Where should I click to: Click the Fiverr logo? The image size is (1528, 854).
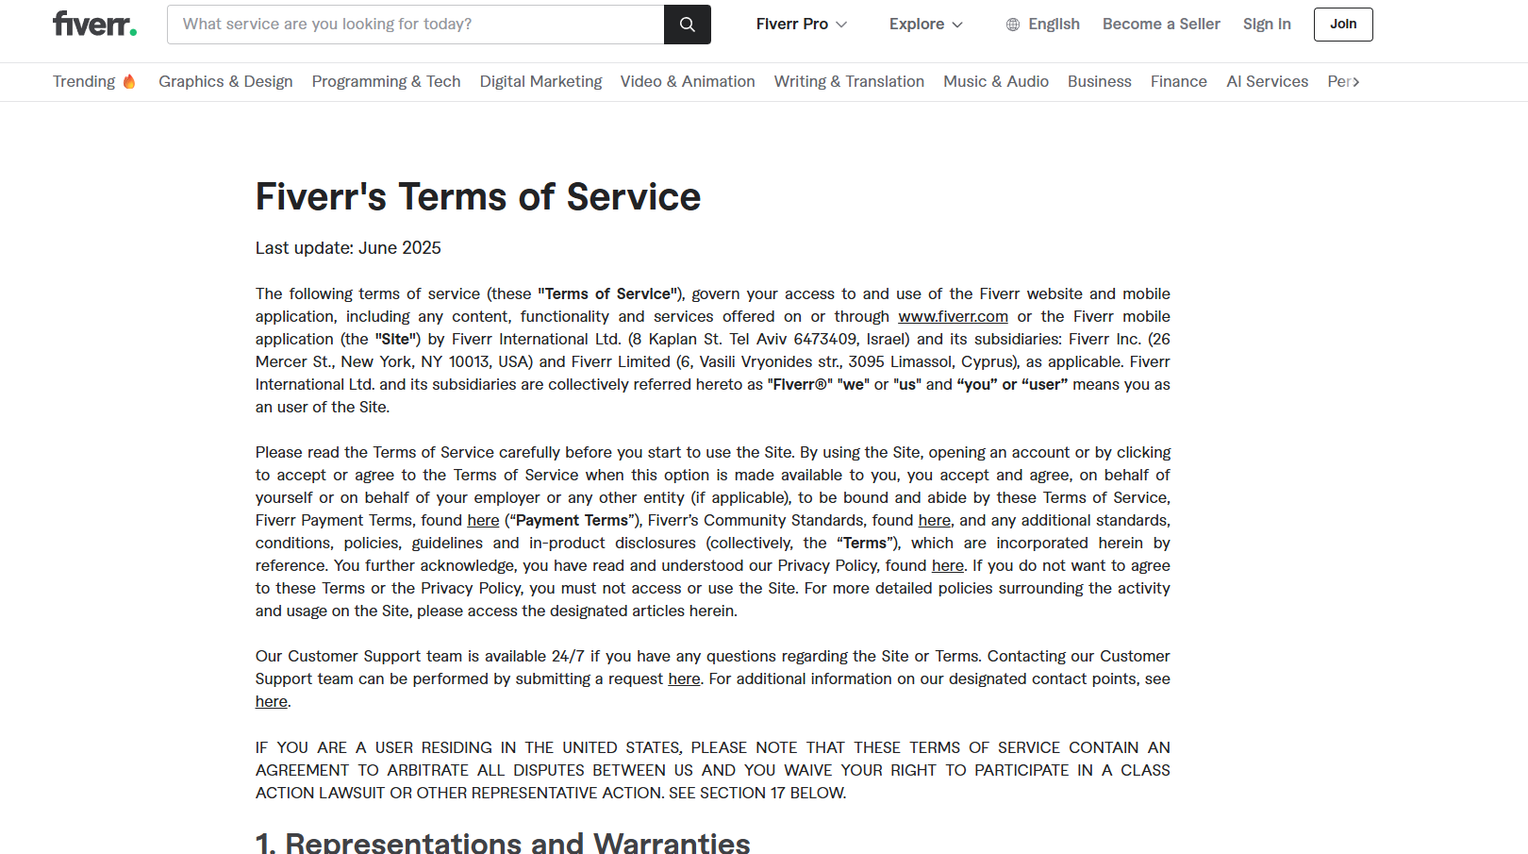click(94, 25)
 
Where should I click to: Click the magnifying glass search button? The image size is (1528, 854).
click(688, 25)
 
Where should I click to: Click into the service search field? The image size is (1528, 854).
click(415, 25)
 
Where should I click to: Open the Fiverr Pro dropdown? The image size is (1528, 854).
click(801, 25)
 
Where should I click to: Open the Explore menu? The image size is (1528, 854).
click(925, 25)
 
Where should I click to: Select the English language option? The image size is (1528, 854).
click(1042, 25)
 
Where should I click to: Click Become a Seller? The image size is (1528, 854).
click(1161, 25)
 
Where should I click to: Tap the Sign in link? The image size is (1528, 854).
click(1267, 25)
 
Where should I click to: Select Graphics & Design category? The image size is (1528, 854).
click(225, 82)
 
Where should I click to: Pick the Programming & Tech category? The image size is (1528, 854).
click(386, 82)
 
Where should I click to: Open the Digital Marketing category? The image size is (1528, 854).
click(540, 82)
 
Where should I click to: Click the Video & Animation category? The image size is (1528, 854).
click(688, 82)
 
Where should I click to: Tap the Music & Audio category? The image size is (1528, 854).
click(996, 82)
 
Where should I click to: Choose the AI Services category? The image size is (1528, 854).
click(1267, 82)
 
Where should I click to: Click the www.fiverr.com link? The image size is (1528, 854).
click(953, 317)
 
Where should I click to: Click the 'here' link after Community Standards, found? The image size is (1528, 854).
click(934, 521)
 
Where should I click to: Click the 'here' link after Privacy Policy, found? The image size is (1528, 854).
click(947, 566)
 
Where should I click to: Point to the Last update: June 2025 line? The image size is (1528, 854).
click(348, 248)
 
